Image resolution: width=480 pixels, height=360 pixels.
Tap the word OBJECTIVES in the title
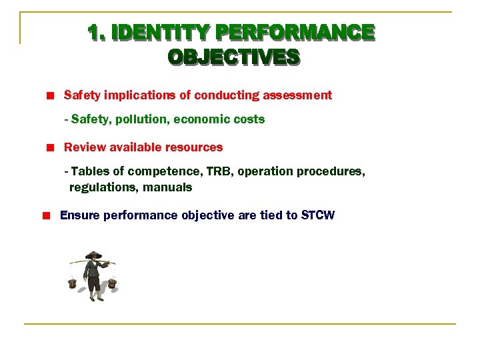(x=233, y=57)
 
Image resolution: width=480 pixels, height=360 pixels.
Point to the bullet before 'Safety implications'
(x=49, y=96)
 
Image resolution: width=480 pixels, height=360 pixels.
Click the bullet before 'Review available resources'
(x=49, y=147)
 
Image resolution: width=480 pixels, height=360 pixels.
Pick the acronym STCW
(x=318, y=215)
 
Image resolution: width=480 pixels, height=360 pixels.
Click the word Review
(x=81, y=147)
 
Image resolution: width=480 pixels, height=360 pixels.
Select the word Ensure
(x=79, y=215)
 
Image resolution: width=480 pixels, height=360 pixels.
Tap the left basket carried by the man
(x=73, y=283)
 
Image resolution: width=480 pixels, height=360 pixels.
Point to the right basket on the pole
(x=113, y=283)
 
